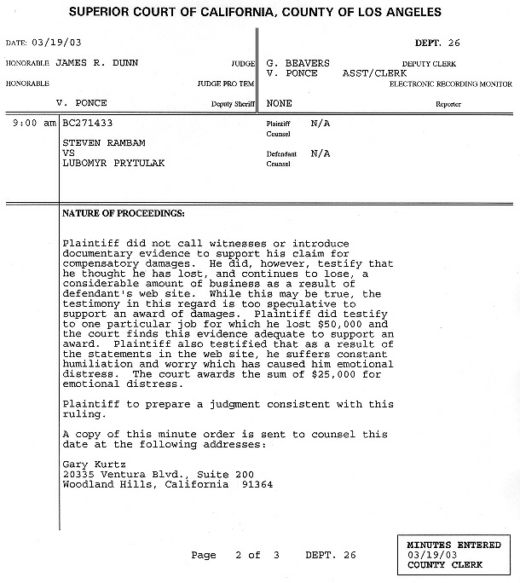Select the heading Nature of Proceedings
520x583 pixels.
(124, 212)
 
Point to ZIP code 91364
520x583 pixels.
(256, 483)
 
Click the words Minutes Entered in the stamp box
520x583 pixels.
(448, 544)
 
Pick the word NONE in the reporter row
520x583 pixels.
(280, 102)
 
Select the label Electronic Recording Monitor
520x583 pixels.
(451, 84)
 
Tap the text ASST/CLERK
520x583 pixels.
(376, 72)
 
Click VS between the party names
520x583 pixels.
(70, 152)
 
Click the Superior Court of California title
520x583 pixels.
(255, 13)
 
